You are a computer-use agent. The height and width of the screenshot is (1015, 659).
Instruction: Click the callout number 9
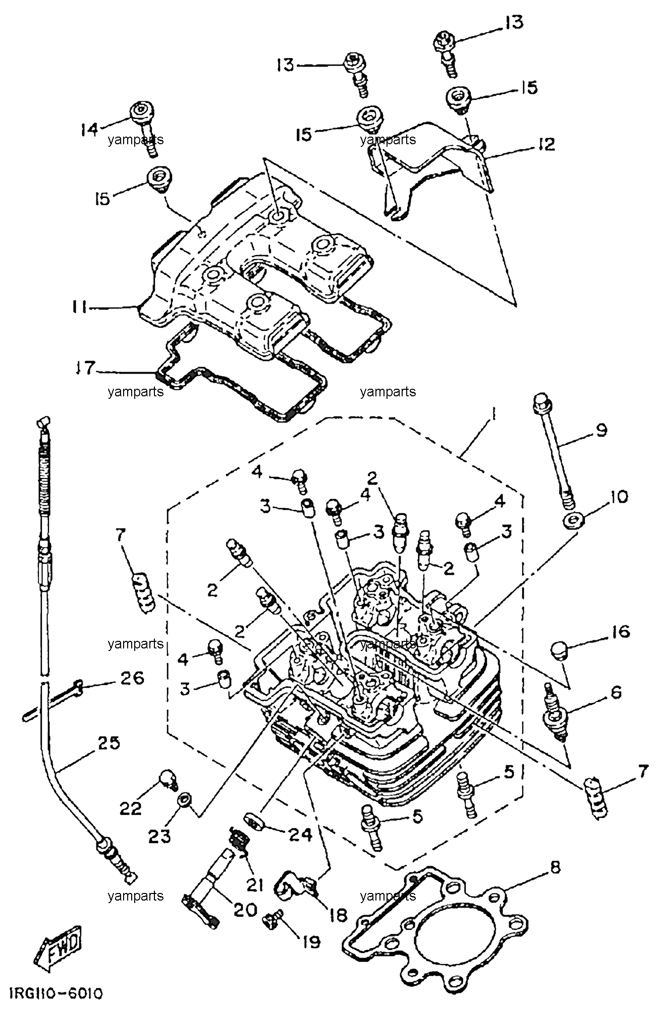tap(601, 431)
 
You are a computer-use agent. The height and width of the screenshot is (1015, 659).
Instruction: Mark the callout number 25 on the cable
tap(108, 743)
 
